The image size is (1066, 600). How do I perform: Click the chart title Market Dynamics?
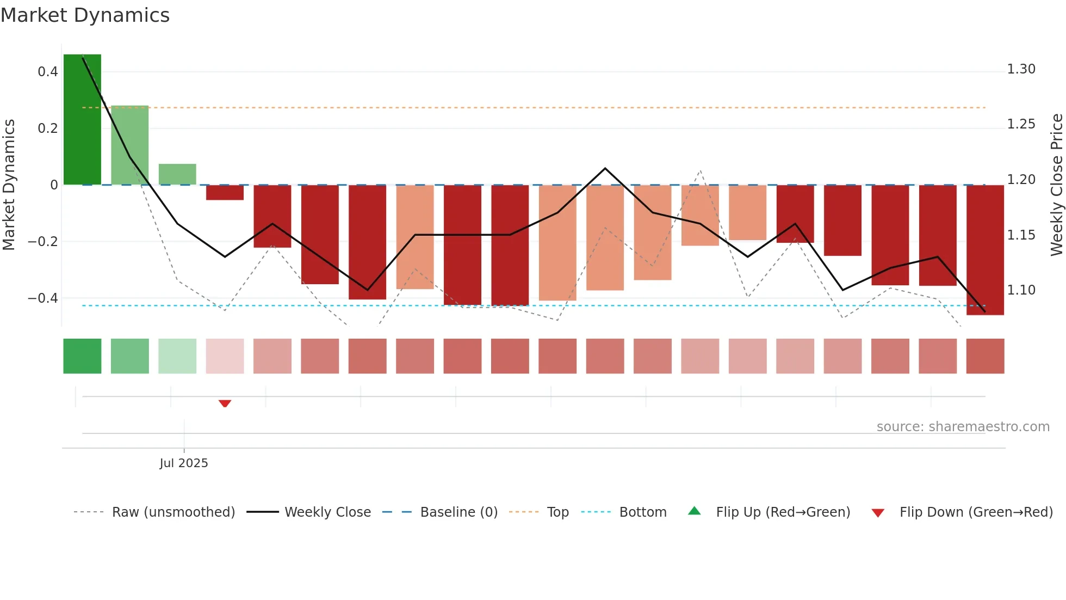click(85, 15)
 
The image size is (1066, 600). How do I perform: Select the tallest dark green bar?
click(82, 119)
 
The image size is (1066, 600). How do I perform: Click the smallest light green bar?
click(177, 174)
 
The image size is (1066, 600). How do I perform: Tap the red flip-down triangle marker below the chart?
click(225, 403)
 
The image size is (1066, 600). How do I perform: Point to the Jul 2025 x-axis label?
click(184, 463)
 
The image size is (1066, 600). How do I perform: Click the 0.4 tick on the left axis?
click(48, 72)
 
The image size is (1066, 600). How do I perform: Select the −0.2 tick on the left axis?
click(42, 241)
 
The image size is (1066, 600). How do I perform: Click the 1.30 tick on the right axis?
click(1021, 69)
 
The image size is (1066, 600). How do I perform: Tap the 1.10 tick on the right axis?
click(1021, 290)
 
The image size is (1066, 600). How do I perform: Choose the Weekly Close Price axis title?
click(1056, 185)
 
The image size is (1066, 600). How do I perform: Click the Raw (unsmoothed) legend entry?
click(173, 512)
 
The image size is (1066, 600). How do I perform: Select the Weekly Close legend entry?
click(327, 512)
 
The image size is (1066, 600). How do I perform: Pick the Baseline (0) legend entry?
click(458, 512)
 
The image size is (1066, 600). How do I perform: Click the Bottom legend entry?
click(642, 512)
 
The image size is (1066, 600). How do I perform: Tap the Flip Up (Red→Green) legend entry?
click(783, 512)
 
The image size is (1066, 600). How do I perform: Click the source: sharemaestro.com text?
click(963, 426)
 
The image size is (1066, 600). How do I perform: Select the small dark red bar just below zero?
click(225, 193)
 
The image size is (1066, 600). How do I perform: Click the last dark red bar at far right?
click(985, 250)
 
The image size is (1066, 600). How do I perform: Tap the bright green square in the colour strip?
click(82, 356)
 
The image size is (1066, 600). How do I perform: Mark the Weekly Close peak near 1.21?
click(605, 168)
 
